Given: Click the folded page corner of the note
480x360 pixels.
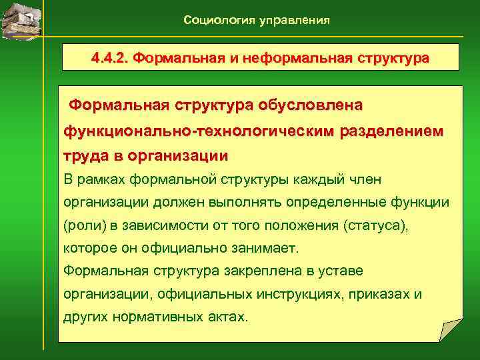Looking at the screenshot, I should [x=450, y=330].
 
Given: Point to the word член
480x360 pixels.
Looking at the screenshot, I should [x=383, y=179].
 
